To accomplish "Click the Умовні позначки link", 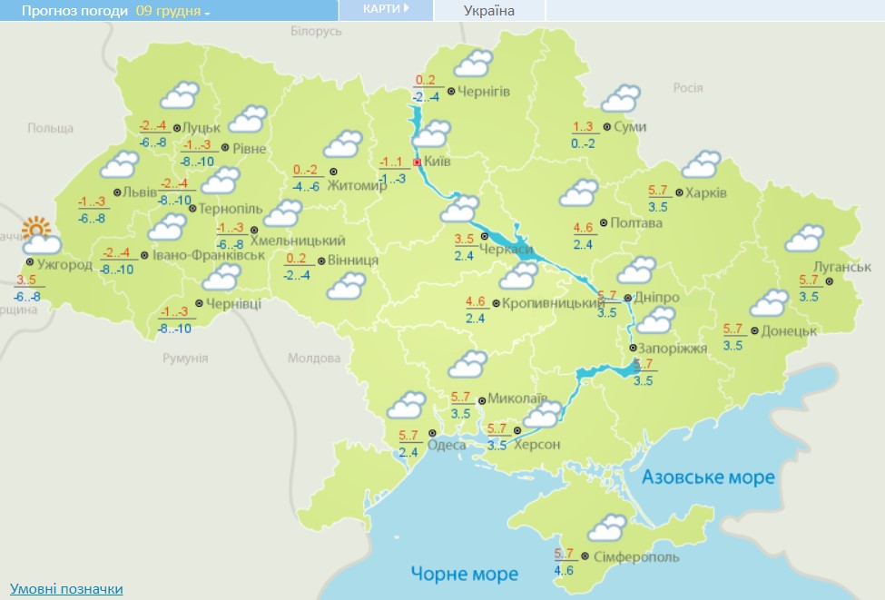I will (x=66, y=589).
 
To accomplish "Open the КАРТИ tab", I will (x=386, y=9).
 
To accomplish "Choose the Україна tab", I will (x=488, y=11).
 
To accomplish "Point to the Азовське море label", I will (x=708, y=477).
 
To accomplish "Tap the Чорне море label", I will (x=464, y=574).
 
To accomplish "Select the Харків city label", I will (x=706, y=192).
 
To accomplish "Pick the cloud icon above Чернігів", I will (x=472, y=64).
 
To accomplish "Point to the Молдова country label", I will (x=313, y=358).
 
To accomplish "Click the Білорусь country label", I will (x=316, y=31).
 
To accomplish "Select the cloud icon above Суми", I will (x=621, y=98).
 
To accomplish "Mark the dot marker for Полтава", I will (x=604, y=222).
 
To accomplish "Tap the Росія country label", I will (x=687, y=87).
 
